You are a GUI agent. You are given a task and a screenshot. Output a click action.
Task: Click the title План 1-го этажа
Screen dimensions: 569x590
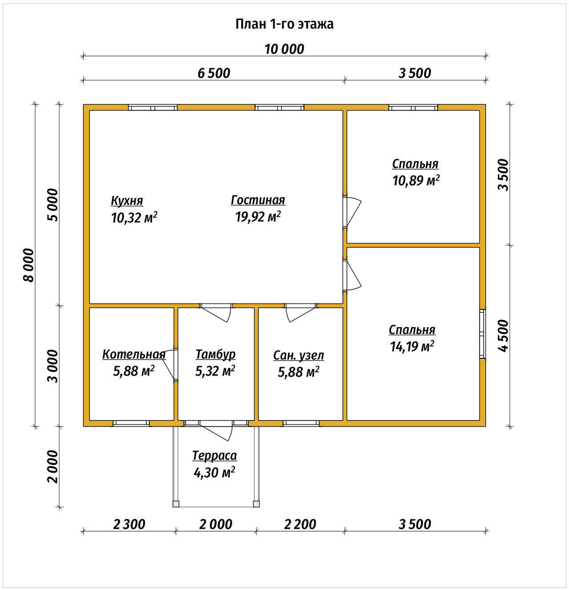click(x=284, y=24)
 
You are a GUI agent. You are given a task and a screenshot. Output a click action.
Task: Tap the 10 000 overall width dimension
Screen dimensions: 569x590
click(x=284, y=49)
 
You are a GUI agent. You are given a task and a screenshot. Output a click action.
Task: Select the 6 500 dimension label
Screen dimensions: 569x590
click(x=214, y=73)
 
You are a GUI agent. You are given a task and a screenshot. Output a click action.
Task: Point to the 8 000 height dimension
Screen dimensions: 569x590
click(x=29, y=265)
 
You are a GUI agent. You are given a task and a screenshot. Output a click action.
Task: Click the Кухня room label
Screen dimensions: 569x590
click(x=127, y=201)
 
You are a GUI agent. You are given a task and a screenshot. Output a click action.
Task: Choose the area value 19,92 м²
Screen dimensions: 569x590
click(x=258, y=217)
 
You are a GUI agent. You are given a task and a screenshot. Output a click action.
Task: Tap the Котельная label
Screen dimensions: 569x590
click(x=134, y=354)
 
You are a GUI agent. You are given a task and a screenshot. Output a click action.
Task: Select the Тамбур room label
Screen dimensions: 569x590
click(x=216, y=354)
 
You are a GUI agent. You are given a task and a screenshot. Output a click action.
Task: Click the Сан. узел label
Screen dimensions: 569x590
click(x=298, y=356)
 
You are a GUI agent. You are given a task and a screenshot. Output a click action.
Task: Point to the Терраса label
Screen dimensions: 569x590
click(x=215, y=456)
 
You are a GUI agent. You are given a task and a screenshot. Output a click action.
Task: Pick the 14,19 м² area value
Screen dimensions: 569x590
click(x=412, y=346)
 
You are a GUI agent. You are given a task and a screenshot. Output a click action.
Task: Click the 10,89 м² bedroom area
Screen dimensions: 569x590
click(x=416, y=181)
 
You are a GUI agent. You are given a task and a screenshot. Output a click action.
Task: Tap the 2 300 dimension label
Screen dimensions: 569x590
click(x=129, y=524)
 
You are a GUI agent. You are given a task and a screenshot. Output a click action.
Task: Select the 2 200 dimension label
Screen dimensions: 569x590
click(x=300, y=524)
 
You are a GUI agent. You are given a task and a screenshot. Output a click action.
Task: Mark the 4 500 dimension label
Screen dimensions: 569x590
click(x=503, y=335)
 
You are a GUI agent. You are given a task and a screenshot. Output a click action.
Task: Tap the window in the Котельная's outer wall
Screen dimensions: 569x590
click(x=131, y=423)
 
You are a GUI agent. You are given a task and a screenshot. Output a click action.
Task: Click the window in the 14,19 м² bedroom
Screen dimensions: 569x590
click(x=482, y=334)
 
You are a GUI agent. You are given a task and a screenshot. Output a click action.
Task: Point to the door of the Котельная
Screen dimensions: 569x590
click(x=170, y=364)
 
